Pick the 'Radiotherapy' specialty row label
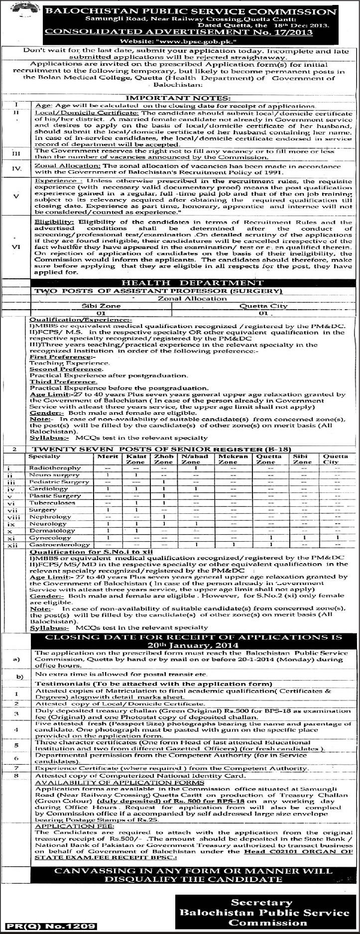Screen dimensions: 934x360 [x=55, y=468]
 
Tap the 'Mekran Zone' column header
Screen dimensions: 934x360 [x=229, y=459]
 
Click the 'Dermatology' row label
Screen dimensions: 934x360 [x=52, y=531]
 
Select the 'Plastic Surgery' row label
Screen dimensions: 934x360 [x=55, y=496]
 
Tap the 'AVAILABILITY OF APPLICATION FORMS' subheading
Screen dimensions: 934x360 [x=119, y=783]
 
